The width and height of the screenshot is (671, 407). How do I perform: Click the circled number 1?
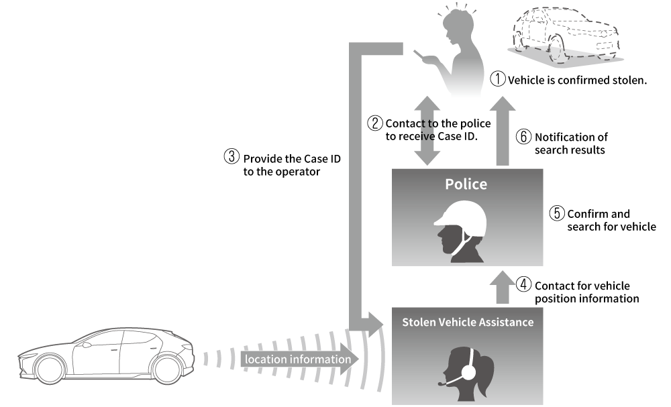point(498,80)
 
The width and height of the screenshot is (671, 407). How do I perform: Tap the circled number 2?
point(375,123)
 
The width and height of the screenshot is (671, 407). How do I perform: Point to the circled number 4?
point(525,286)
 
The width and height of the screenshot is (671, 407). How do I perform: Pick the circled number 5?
point(557,214)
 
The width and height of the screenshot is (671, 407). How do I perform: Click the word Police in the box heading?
point(466,184)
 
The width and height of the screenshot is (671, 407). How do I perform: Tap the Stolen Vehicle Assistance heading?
point(467,322)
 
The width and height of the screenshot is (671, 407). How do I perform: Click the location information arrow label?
point(297,359)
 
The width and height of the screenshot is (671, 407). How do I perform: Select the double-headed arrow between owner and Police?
point(427,131)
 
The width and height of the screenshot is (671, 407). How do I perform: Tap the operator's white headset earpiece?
point(469,371)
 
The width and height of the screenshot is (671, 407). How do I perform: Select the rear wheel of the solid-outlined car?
point(167,368)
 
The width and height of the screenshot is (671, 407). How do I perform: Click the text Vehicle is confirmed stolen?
point(577,80)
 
